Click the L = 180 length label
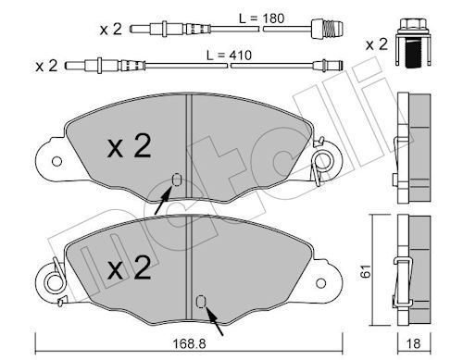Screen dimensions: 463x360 click(262, 19)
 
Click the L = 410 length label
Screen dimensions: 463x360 click(230, 56)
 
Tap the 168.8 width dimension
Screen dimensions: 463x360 click(189, 343)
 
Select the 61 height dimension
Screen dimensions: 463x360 click(366, 271)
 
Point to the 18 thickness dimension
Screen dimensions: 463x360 click(413, 343)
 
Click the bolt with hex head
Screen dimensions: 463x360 click(413, 43)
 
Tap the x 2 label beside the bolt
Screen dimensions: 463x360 click(376, 44)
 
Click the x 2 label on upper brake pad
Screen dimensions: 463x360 click(130, 146)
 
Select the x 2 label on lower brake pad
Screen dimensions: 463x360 click(130, 267)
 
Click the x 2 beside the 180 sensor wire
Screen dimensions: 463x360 click(111, 30)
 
